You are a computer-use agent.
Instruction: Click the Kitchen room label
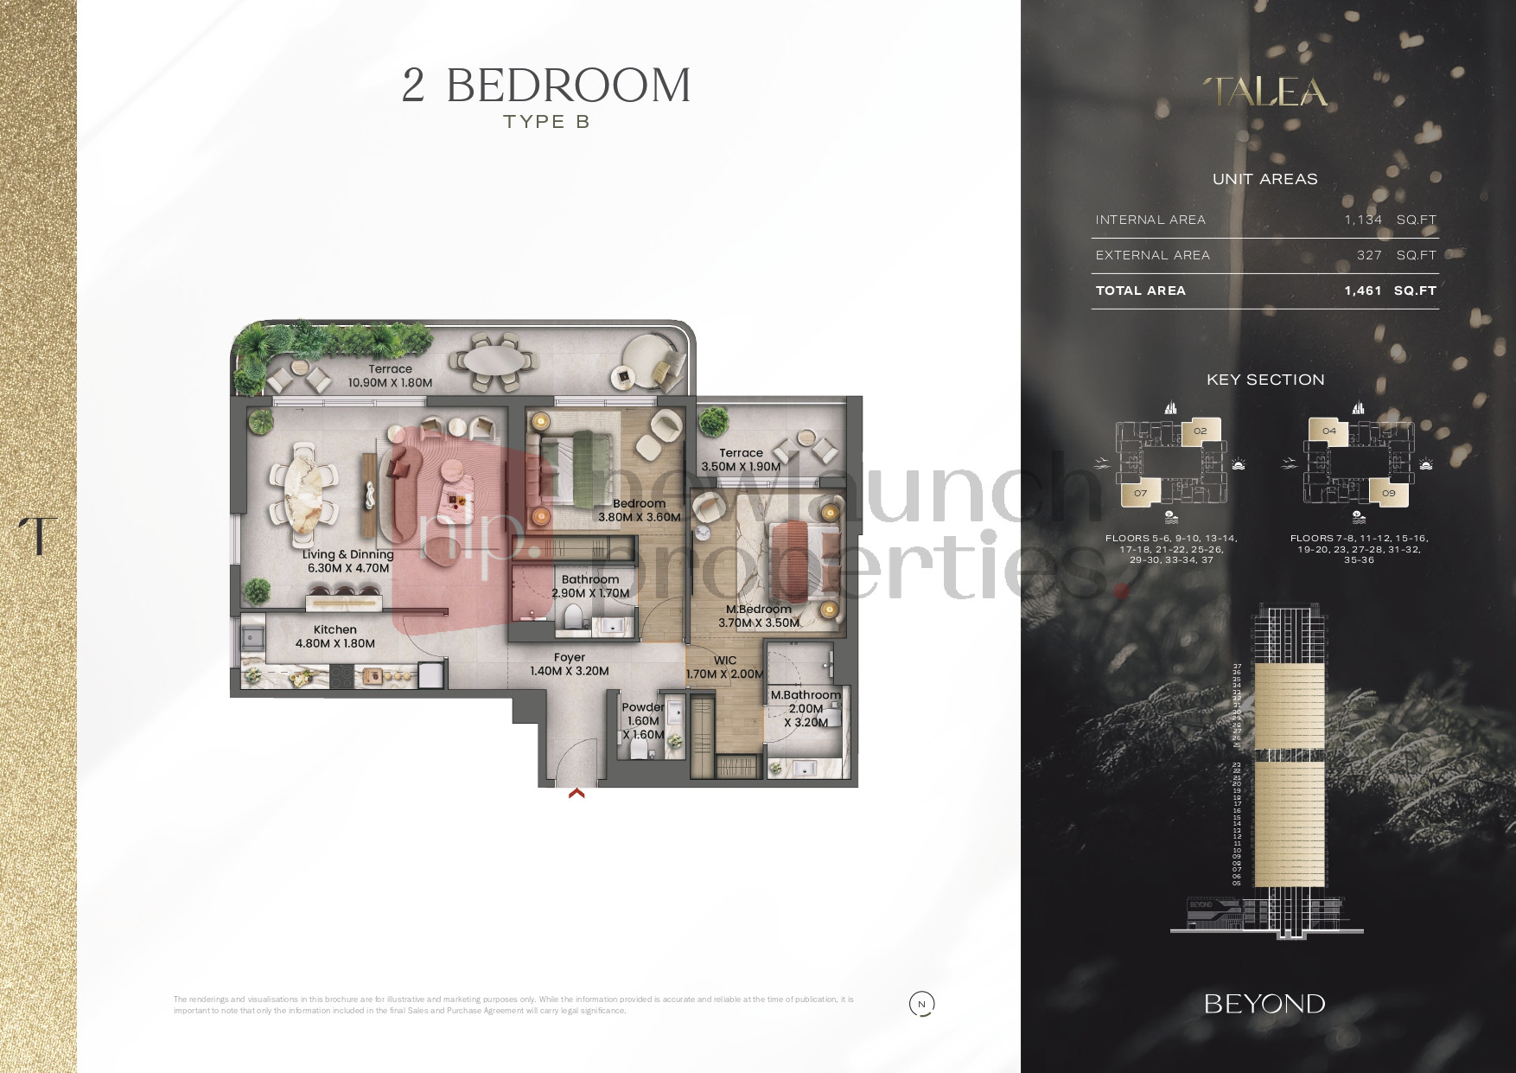335,630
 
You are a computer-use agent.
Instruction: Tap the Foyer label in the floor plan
570,658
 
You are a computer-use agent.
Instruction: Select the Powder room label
643,707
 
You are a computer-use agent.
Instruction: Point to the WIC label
725,661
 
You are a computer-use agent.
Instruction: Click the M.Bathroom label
806,695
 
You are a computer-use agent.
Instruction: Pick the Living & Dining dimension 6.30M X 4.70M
348,568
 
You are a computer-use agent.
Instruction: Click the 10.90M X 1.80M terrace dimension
390,383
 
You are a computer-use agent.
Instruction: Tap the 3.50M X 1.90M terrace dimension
741,467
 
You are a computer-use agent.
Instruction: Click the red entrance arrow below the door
576,792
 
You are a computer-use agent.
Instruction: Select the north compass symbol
921,1004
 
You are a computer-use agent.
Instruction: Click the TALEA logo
1265,93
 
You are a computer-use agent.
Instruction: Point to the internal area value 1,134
1363,220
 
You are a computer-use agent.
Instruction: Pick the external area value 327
1369,255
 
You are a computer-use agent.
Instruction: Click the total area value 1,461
1363,291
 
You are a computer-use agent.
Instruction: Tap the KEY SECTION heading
1265,380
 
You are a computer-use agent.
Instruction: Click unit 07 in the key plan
1140,494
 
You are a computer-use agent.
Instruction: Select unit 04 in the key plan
1328,431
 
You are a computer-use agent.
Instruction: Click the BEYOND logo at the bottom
1264,1004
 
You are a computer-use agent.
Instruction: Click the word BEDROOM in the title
568,86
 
